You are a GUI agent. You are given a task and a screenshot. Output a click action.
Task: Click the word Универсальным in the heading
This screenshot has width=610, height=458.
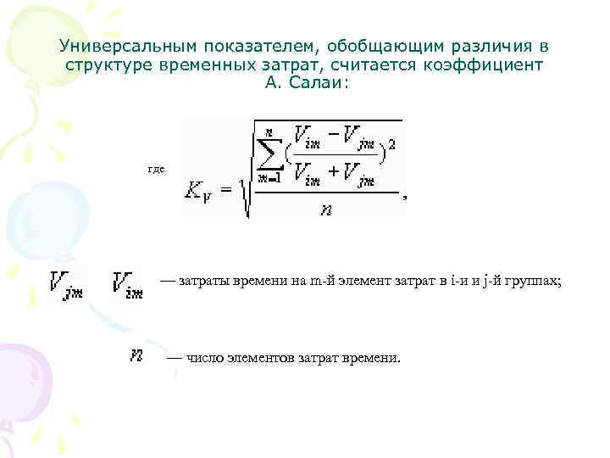point(114,45)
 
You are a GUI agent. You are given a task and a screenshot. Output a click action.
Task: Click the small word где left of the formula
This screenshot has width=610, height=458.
point(156,169)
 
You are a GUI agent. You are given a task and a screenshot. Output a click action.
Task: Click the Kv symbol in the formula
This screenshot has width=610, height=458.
point(200,191)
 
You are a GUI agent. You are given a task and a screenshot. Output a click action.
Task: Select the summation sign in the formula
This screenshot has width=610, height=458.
point(271,150)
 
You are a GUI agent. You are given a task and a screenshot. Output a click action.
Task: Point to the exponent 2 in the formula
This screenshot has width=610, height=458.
point(391,145)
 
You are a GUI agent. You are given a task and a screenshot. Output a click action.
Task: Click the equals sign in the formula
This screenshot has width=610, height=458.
point(226,191)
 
